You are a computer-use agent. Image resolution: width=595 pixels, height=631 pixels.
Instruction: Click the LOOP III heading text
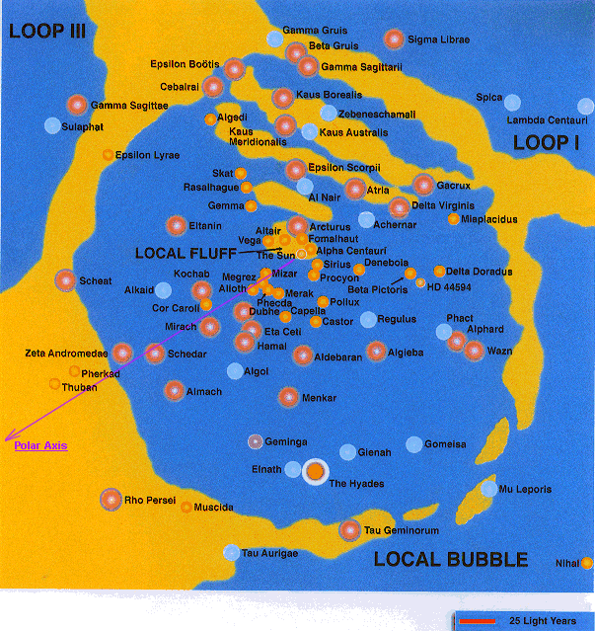pyautogui.click(x=48, y=31)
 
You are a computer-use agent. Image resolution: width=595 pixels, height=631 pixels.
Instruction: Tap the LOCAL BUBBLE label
pyautogui.click(x=451, y=559)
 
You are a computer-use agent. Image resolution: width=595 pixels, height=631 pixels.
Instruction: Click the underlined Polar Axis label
pyautogui.click(x=40, y=446)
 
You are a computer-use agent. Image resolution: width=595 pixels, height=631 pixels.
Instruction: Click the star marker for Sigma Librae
pyautogui.click(x=394, y=39)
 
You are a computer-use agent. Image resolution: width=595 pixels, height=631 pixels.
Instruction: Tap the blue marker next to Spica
pyautogui.click(x=512, y=101)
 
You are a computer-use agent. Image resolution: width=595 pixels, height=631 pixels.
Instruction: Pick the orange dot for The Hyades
pyautogui.click(x=315, y=473)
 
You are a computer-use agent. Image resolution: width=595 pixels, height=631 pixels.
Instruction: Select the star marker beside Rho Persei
pyautogui.click(x=111, y=500)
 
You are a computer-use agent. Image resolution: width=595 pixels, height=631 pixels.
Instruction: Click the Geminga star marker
pyautogui.click(x=256, y=441)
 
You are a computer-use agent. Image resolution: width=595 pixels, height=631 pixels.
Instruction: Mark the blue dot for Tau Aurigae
pyautogui.click(x=231, y=553)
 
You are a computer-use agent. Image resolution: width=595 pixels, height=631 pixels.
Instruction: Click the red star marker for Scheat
pyautogui.click(x=66, y=280)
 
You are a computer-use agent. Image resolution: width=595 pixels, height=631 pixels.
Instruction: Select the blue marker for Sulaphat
pyautogui.click(x=52, y=125)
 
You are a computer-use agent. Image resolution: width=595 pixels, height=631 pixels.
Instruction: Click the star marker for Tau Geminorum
pyautogui.click(x=349, y=530)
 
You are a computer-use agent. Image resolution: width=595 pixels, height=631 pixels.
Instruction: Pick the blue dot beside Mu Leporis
pyautogui.click(x=489, y=489)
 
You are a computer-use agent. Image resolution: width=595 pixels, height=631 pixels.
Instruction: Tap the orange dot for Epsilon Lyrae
pyautogui.click(x=108, y=155)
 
